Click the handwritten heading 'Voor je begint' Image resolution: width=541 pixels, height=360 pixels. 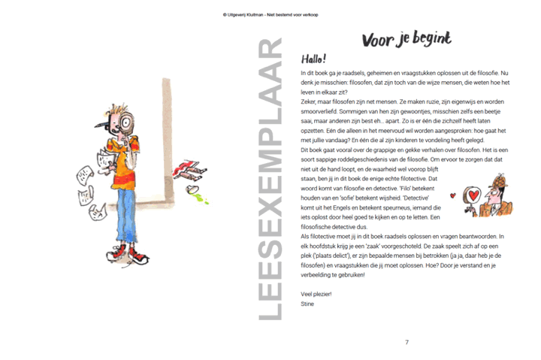[407, 39]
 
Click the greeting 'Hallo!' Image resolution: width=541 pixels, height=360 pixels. [314, 59]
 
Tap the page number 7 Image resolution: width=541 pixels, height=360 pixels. [407, 343]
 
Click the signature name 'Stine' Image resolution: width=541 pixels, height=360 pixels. [307, 304]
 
